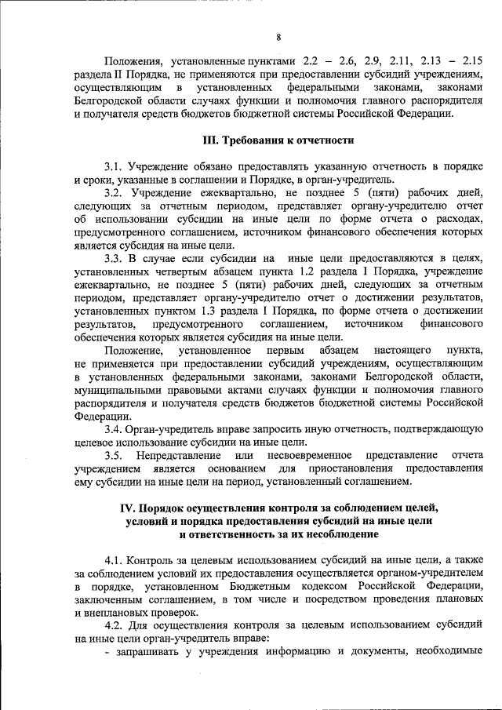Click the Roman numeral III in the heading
[211, 140]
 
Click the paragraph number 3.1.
[114, 166]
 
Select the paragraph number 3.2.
[114, 192]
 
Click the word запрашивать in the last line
[147, 652]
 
